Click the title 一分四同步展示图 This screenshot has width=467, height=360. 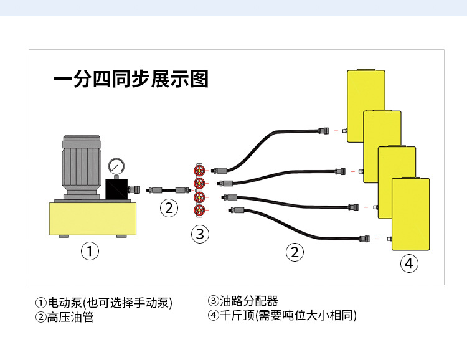[x=131, y=80]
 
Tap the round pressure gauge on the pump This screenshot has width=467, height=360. [x=116, y=166]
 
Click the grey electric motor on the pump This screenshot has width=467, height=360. [x=81, y=164]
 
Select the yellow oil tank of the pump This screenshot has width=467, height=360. [x=93, y=218]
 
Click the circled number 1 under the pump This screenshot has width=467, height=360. [x=90, y=252]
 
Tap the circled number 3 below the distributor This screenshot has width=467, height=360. [x=199, y=234]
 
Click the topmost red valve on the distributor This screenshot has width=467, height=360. [x=199, y=170]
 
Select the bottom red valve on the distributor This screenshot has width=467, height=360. [x=199, y=209]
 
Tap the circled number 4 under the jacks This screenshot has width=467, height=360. [x=408, y=263]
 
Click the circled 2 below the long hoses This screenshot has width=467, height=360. [x=295, y=252]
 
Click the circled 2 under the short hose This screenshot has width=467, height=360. [x=169, y=208]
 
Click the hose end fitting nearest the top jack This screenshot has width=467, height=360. [x=324, y=131]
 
